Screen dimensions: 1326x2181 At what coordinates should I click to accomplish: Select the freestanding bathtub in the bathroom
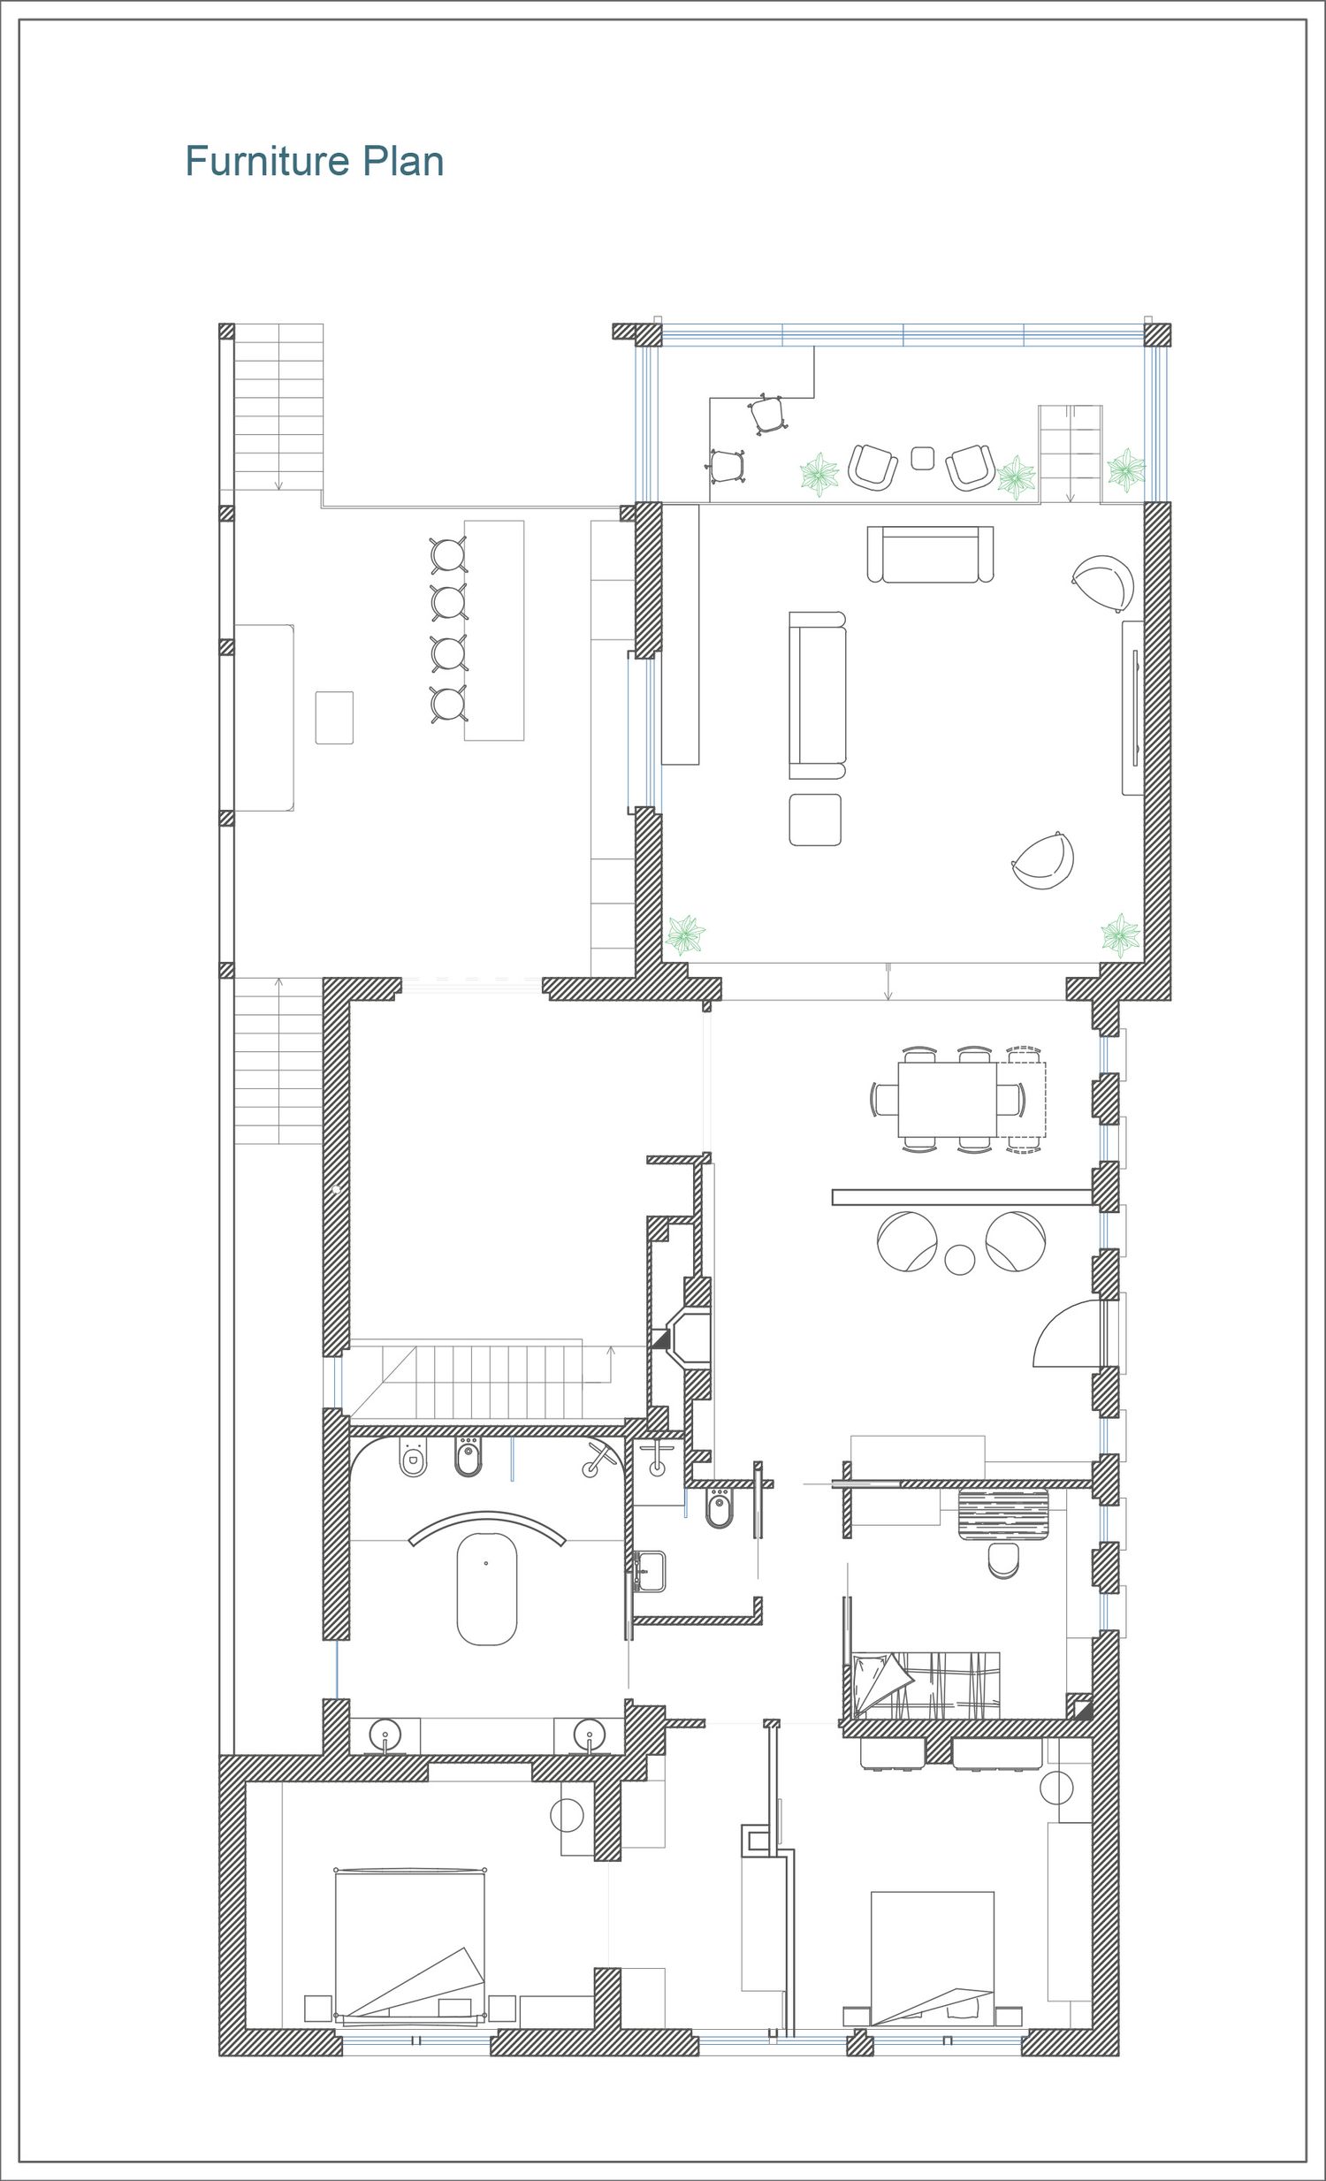point(486,1589)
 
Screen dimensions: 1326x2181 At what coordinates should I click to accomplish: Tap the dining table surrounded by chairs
point(947,1099)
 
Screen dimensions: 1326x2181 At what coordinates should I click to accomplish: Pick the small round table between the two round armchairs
point(959,1259)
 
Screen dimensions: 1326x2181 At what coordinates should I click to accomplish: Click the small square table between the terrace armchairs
point(922,458)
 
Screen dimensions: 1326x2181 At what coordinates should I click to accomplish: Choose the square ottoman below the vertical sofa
point(815,820)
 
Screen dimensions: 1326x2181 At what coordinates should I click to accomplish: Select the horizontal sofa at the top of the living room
point(930,554)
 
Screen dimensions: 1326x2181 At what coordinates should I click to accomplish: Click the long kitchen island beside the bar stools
point(494,630)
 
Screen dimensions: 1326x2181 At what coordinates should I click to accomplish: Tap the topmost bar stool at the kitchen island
point(449,555)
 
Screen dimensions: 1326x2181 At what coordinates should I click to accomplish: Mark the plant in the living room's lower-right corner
point(1120,934)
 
